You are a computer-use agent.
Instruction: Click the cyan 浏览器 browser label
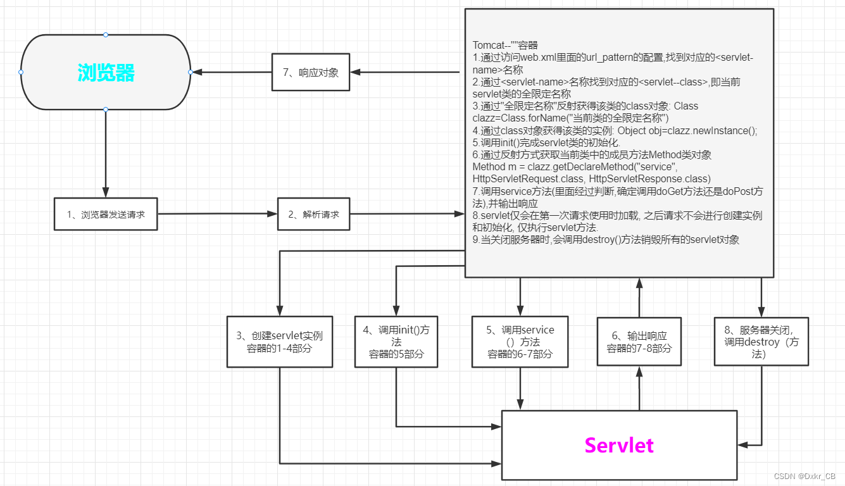(x=106, y=73)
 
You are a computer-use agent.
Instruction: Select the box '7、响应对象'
(x=310, y=72)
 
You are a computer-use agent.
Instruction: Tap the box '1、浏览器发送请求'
(x=106, y=215)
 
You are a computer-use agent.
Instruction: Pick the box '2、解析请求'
(x=313, y=215)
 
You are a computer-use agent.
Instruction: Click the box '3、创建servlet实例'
(x=280, y=342)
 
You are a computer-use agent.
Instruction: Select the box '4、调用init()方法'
(x=396, y=342)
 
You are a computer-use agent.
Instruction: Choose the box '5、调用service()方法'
(x=520, y=342)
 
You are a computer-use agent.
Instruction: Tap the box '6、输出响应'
(x=639, y=342)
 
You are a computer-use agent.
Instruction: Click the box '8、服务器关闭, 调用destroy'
(x=761, y=342)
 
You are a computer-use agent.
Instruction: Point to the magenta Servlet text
(x=618, y=445)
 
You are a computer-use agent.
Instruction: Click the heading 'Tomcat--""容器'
(x=505, y=45)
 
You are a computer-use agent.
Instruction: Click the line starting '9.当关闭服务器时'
(x=606, y=240)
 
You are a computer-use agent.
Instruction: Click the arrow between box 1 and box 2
(x=217, y=215)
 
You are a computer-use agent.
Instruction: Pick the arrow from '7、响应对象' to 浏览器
(x=231, y=72)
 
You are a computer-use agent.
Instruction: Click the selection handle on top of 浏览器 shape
(x=106, y=34)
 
